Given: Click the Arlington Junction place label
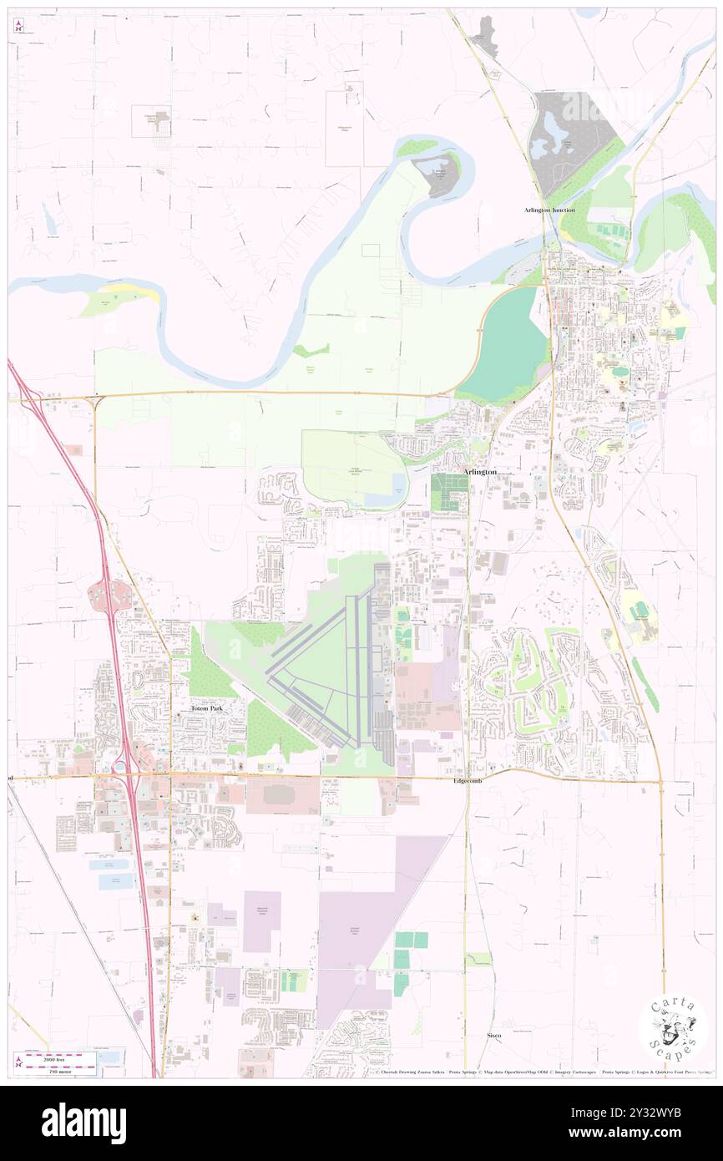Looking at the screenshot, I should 549,210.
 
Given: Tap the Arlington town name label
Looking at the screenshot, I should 480,472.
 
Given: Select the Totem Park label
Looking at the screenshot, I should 206,708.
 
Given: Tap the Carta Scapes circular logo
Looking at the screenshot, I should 673,1027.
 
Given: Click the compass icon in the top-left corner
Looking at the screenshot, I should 18,27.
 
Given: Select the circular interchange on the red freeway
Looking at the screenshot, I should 109,595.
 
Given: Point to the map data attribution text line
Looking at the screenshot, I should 543,1072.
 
